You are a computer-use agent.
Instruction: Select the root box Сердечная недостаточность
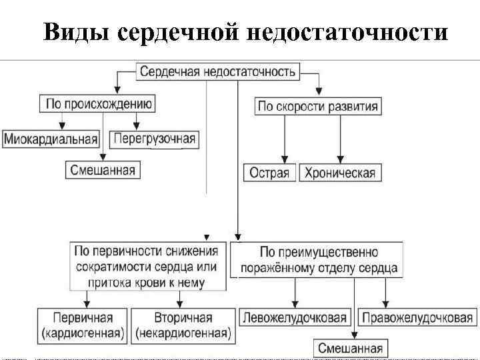[x=219, y=71]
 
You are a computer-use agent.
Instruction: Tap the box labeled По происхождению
[x=99, y=103]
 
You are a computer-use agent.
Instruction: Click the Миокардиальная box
[x=51, y=139]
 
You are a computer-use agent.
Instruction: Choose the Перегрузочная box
[x=155, y=139]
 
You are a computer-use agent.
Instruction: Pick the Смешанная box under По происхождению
[x=103, y=170]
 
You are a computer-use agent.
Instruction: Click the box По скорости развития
[x=317, y=106]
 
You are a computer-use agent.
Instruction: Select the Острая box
[x=269, y=173]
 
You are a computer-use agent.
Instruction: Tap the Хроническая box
[x=339, y=173]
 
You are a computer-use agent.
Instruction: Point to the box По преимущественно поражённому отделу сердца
[x=318, y=261]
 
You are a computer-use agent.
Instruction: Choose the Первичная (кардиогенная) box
[x=83, y=324]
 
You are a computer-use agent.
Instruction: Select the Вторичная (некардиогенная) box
[x=183, y=324]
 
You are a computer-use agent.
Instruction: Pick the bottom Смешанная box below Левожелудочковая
[x=350, y=348]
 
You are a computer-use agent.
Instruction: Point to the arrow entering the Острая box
[x=285, y=157]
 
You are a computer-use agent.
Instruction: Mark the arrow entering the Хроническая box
[x=340, y=157]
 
